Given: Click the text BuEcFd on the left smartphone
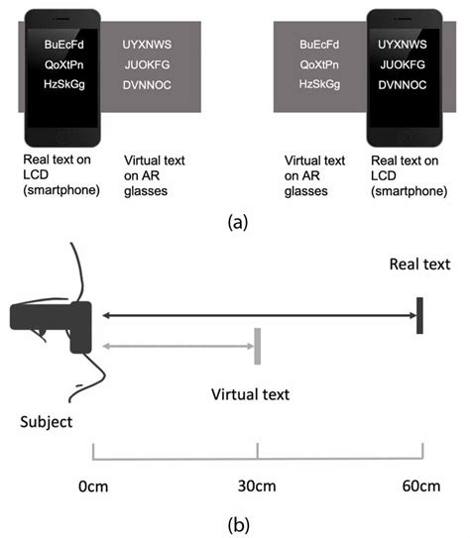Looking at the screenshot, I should (65, 44).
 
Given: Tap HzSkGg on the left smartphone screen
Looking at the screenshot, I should (65, 84).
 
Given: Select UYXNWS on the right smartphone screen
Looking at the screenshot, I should (403, 44).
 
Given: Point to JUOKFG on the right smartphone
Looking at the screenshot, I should (403, 64).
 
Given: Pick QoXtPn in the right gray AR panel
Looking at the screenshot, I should (319, 64).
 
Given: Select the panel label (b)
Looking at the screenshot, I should (235, 522).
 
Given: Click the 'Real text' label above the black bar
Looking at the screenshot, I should (419, 264).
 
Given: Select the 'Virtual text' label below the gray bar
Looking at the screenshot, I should (251, 394).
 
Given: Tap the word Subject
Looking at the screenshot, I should (47, 422).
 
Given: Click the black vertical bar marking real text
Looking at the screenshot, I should (420, 315).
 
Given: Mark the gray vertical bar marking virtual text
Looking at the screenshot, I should (257, 346).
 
